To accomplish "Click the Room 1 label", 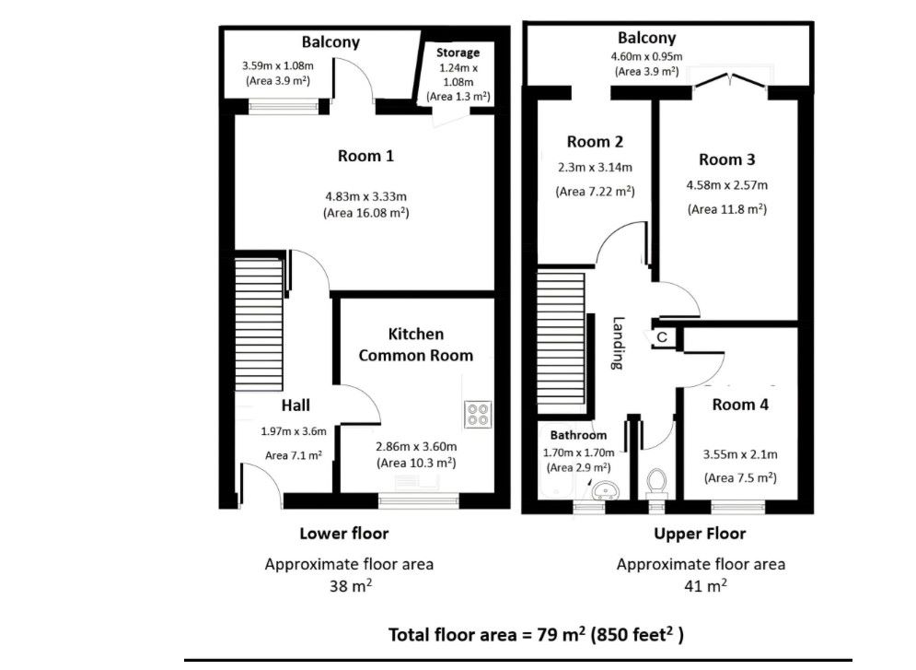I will (x=365, y=156).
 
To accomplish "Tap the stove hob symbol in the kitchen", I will (x=479, y=414).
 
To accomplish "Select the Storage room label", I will (x=458, y=53).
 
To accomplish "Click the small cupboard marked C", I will (x=661, y=338).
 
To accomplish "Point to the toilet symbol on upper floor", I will (x=656, y=482).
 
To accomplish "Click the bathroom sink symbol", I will (x=604, y=490).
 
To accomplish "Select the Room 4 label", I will (x=740, y=404).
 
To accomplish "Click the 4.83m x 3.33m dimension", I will (x=365, y=195).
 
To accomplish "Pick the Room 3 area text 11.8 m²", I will (x=726, y=209).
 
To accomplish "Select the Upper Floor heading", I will (x=700, y=534).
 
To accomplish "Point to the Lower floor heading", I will (x=344, y=534).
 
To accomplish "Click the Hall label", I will (x=296, y=406).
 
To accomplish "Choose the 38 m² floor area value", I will (x=349, y=585).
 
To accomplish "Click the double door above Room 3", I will (x=729, y=83).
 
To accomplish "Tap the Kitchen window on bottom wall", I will (x=419, y=500).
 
